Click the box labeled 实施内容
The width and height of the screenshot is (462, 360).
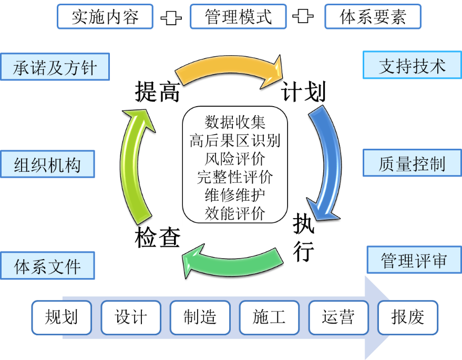pos(105,17)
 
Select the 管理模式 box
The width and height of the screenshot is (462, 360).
pos(238,17)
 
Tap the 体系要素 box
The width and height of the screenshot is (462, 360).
pos(373,17)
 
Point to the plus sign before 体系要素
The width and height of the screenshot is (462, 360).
pos(303,17)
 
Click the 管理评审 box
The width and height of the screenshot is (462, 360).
pos(414,260)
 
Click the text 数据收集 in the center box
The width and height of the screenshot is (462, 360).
pos(235,122)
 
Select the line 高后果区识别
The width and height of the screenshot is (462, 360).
pos(235,140)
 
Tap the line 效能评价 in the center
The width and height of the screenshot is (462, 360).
pos(235,213)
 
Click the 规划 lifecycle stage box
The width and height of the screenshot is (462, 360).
pos(61,317)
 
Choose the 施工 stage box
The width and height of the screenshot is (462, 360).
pos(269,317)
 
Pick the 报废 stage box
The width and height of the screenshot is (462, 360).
pos(407,317)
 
